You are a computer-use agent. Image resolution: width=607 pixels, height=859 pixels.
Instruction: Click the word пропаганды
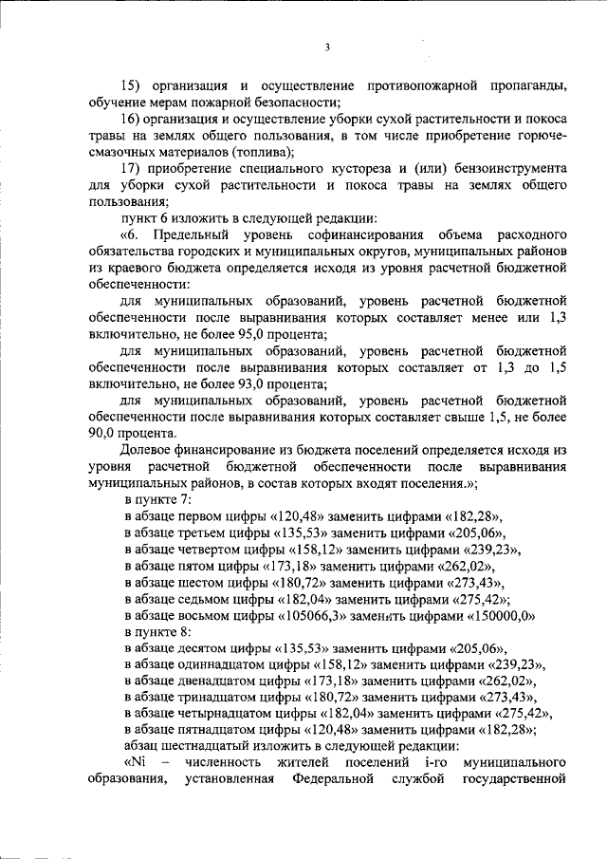tap(524, 86)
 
